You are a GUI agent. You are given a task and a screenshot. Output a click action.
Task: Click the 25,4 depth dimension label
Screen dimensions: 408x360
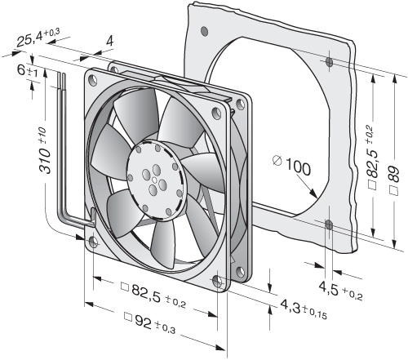[38, 38]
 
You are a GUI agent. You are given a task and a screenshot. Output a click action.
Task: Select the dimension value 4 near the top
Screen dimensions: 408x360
[110, 41]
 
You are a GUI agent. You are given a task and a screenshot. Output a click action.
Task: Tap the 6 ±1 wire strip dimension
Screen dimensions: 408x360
[28, 70]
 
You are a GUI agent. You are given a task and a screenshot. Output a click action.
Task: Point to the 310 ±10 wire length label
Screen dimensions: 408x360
[45, 150]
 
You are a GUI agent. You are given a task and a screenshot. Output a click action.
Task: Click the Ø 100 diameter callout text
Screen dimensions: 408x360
[291, 165]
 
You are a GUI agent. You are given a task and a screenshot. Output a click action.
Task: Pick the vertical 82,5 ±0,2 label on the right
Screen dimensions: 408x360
[373, 157]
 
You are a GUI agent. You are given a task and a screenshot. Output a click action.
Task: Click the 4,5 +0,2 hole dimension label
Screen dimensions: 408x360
[340, 291]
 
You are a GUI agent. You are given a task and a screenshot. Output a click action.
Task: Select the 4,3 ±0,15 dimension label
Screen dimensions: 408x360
[304, 309]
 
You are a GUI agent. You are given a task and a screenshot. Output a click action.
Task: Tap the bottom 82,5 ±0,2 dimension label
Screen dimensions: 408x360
[153, 296]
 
